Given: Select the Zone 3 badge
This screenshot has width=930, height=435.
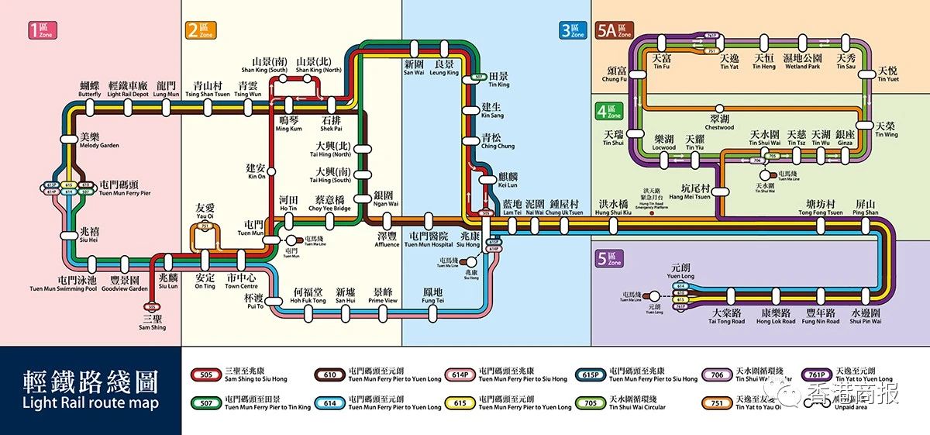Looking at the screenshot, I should pyautogui.click(x=573, y=30).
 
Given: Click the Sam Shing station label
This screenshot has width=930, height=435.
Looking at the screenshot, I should pyautogui.click(x=153, y=323).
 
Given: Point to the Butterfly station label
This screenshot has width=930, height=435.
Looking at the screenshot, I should pyautogui.click(x=90, y=89).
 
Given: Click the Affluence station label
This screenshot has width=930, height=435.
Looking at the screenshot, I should pyautogui.click(x=387, y=240).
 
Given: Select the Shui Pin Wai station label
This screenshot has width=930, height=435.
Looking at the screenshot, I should pyautogui.click(x=866, y=317).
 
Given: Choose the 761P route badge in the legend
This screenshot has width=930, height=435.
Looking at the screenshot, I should pyautogui.click(x=816, y=375).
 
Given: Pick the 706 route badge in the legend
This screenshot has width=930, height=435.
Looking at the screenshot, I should pyautogui.click(x=717, y=375).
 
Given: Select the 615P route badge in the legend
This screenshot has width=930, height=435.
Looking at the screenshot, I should pyautogui.click(x=591, y=375).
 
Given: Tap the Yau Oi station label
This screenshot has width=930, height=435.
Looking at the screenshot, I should pyautogui.click(x=205, y=211).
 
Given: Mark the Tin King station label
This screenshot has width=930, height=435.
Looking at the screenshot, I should pyautogui.click(x=498, y=80).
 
